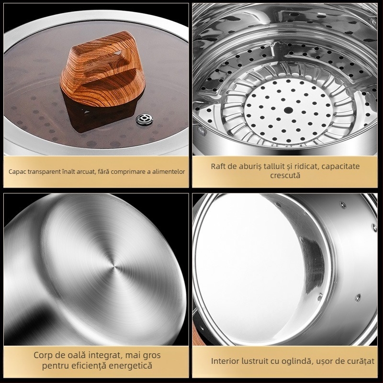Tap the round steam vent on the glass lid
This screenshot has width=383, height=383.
tap(145, 120)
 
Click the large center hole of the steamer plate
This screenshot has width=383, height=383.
tap(288, 110)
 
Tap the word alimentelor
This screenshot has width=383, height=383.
tap(169, 172)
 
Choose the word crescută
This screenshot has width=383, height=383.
tap(285, 175)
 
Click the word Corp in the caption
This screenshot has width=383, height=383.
tap(42, 355)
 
